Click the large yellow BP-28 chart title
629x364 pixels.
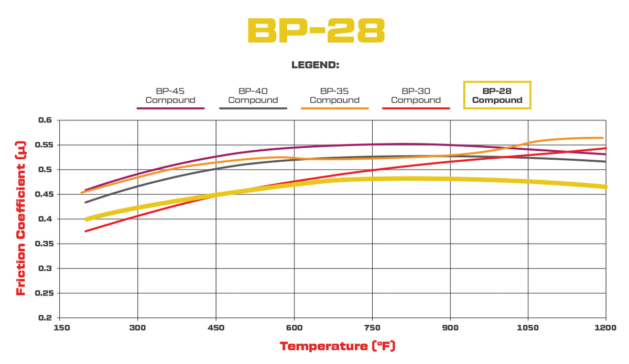[x=316, y=30]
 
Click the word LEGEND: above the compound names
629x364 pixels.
[x=316, y=65]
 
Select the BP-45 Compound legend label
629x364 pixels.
[x=170, y=95]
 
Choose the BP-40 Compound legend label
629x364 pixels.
[x=253, y=95]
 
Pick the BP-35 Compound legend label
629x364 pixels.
[x=334, y=95]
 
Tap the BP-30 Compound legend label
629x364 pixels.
[x=416, y=95]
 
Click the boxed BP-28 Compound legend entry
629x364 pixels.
[x=497, y=95]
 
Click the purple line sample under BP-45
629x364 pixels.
[x=170, y=108]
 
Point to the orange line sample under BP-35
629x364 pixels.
[x=334, y=108]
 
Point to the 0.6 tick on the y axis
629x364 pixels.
[x=45, y=120]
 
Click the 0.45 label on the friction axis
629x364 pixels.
[x=44, y=194]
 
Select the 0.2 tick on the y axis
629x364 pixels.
[x=45, y=318]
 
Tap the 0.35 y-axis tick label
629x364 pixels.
[x=44, y=244]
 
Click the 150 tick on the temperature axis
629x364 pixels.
[x=62, y=328]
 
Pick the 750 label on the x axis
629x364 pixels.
[x=372, y=328]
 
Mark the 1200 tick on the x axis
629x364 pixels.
[x=605, y=328]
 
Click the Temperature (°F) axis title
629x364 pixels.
[x=338, y=346]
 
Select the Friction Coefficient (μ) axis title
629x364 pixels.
[x=21, y=218]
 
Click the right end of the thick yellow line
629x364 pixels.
[x=606, y=187]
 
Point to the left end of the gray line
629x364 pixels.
[x=85, y=202]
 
